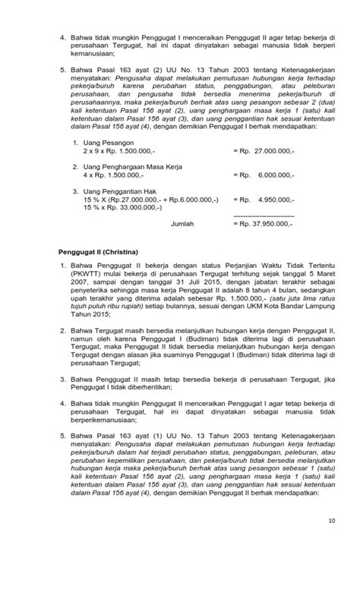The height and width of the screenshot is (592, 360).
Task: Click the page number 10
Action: click(x=331, y=521)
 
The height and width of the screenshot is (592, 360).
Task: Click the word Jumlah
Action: click(x=182, y=225)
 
